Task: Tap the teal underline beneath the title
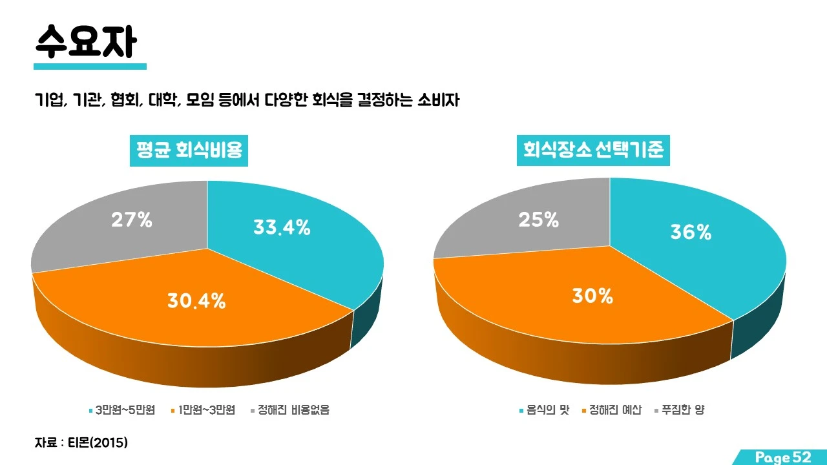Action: click(90, 67)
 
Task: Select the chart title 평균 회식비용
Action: click(189, 150)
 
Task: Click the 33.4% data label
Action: click(282, 227)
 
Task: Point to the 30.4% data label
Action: click(196, 300)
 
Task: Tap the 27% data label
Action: click(132, 220)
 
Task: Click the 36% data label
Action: click(691, 232)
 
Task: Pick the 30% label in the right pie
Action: click(592, 296)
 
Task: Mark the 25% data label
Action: click(538, 220)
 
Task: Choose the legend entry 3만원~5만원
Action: click(125, 410)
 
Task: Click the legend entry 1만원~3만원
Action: click(206, 410)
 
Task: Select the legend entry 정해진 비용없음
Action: click(293, 410)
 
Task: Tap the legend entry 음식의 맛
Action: click(547, 410)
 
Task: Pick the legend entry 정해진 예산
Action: click(615, 410)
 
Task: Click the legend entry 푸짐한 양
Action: click(683, 410)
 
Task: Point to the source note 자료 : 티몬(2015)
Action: click(81, 443)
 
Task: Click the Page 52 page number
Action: click(782, 457)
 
